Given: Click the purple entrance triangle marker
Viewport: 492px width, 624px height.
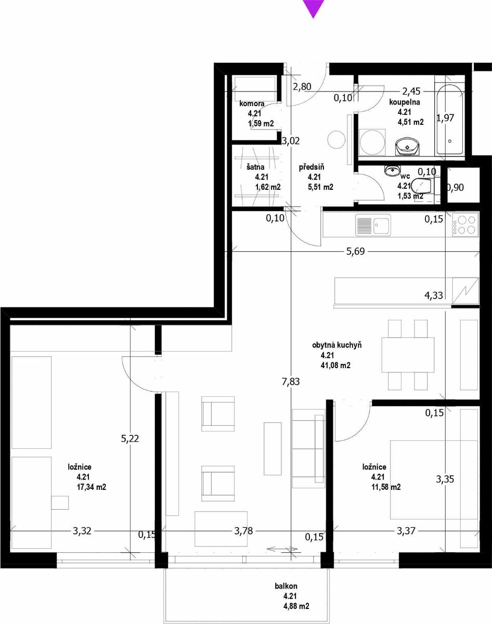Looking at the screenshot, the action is point(313,8).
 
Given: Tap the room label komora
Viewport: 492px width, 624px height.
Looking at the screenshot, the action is point(252,103).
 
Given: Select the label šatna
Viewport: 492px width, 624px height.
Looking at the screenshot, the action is point(255,167).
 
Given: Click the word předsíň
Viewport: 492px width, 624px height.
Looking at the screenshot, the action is point(312,167).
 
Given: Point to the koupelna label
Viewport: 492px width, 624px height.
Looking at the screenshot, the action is point(405,102).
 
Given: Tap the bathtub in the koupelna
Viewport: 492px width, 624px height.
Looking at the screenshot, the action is point(450,120).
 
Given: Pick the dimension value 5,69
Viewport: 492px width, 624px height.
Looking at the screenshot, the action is point(355,251).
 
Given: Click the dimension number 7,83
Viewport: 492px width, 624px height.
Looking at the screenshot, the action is point(291,382).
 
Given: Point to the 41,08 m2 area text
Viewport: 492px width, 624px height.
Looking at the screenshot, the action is point(335,366).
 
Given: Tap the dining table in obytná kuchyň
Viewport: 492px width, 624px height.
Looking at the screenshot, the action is point(408,355).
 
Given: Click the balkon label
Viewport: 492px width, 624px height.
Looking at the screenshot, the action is point(286,586).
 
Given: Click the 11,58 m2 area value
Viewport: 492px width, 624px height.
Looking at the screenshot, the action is point(386,487).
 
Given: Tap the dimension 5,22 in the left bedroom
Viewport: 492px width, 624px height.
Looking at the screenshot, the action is point(130,438).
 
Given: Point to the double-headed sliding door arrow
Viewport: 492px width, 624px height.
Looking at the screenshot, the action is point(282,549).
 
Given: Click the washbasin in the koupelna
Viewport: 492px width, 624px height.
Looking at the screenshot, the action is point(407,146).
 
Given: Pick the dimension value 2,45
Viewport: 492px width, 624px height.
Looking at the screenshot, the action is point(411,92).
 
